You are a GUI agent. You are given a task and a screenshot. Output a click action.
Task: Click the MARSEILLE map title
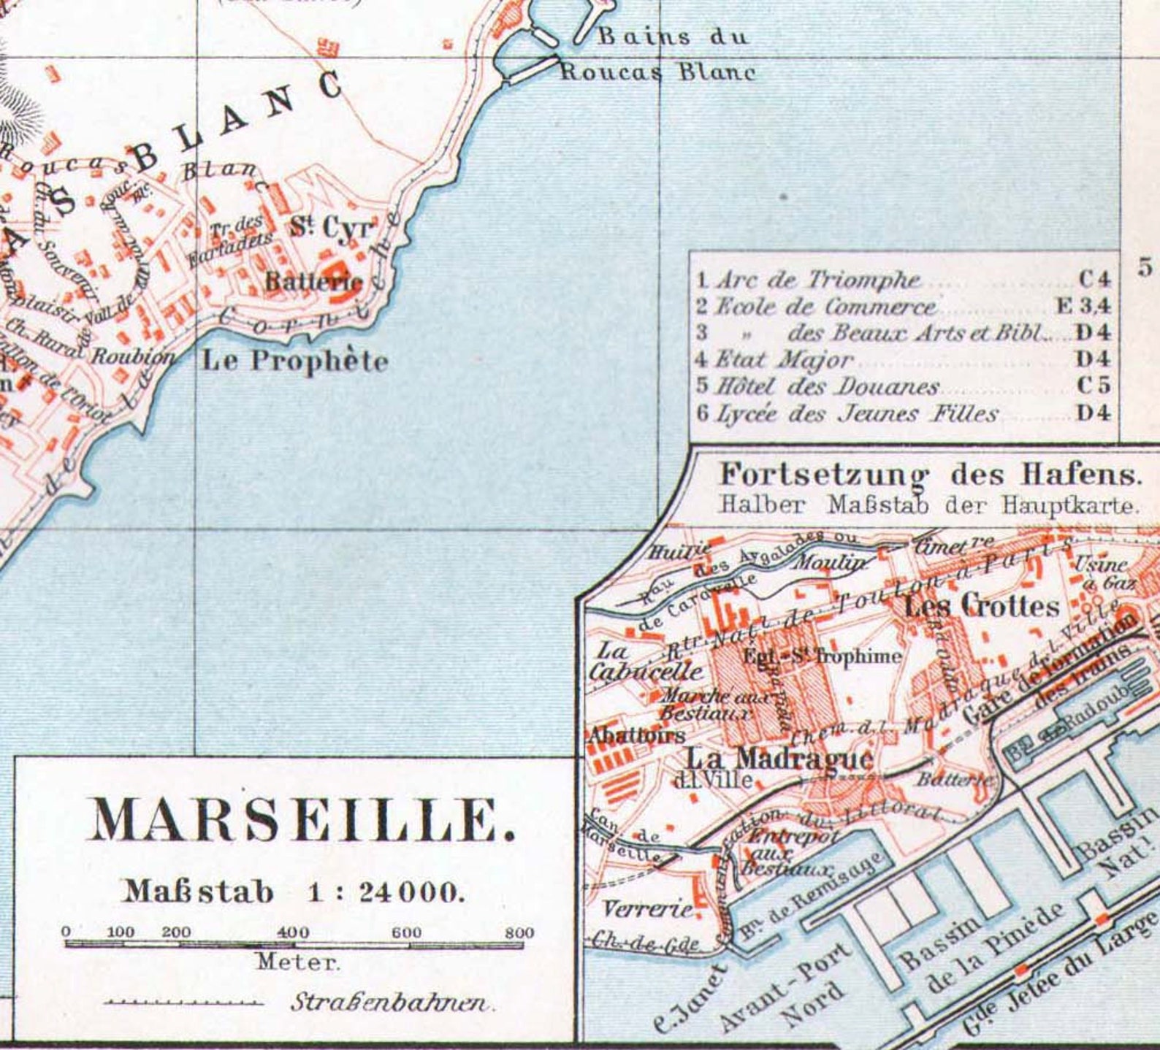302,820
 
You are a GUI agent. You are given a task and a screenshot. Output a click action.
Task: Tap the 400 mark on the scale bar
293,932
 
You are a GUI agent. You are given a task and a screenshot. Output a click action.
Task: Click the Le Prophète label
294,361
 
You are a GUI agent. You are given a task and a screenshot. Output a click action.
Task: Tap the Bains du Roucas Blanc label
657,54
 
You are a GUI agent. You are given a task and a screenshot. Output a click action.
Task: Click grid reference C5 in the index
1094,385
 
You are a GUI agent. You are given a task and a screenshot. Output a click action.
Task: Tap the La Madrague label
779,757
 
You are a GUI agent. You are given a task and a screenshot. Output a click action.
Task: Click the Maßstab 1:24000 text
293,892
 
